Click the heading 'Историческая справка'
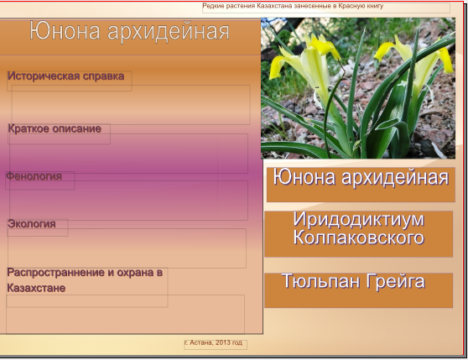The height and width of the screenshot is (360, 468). (66, 76)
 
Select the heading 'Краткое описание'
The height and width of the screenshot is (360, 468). (55, 129)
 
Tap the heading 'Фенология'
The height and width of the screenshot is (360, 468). (34, 176)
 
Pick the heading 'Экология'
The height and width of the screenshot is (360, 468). (32, 224)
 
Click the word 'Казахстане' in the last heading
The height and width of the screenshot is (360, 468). (36, 288)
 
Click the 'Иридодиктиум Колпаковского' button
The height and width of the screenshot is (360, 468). (358, 234)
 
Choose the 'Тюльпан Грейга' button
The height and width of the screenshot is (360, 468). (358, 290)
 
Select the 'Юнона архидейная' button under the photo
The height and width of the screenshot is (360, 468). (361, 185)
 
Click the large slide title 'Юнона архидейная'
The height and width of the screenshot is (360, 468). (129, 31)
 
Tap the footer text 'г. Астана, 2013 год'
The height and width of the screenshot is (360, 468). (213, 342)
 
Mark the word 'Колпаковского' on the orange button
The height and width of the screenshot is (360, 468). (358, 238)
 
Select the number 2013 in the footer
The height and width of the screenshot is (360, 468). (222, 342)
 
